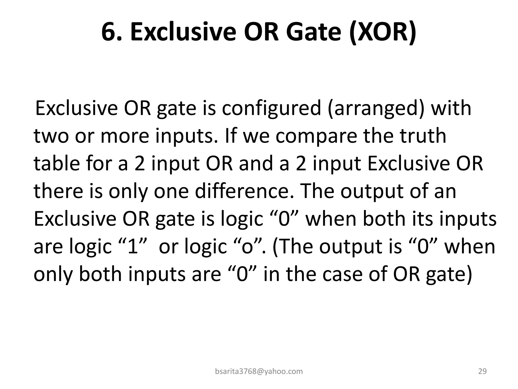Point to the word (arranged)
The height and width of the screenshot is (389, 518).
tap(377, 108)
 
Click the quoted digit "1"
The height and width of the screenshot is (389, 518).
tap(133, 246)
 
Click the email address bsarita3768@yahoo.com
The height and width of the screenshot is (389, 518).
tap(259, 372)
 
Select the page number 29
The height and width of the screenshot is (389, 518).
tap(482, 372)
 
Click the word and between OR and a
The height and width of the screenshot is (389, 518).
tap(255, 164)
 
